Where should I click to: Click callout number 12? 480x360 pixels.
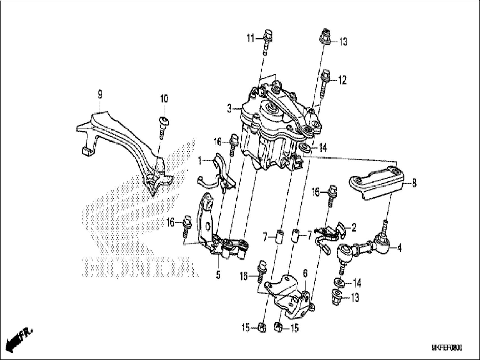[x=342, y=81]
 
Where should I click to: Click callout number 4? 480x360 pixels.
[x=399, y=248]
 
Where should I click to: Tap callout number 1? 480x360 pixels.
[x=200, y=161]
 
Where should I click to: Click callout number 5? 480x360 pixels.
[x=218, y=275]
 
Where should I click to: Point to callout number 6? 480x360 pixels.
[x=305, y=273]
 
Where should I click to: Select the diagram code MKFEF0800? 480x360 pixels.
[x=447, y=348]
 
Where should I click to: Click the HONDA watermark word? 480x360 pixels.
[x=140, y=268]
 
